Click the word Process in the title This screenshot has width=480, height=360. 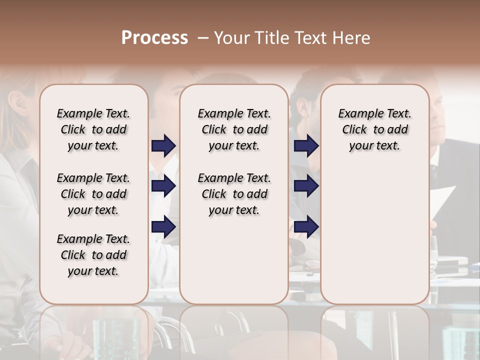point(154,37)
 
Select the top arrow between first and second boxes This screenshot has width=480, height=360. point(163,145)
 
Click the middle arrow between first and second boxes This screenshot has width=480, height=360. point(163,186)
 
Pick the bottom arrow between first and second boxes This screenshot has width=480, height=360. point(163,226)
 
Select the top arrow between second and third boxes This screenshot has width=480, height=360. point(306,145)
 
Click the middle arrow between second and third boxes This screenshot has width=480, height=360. point(306,186)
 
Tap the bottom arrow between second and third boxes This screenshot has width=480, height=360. point(306,226)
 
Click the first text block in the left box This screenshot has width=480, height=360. point(93,129)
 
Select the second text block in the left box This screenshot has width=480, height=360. point(93,194)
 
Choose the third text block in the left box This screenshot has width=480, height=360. point(93,255)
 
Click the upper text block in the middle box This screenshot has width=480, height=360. point(234,129)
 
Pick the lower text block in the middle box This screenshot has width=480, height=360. point(234,194)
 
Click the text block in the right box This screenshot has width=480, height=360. point(374,129)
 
